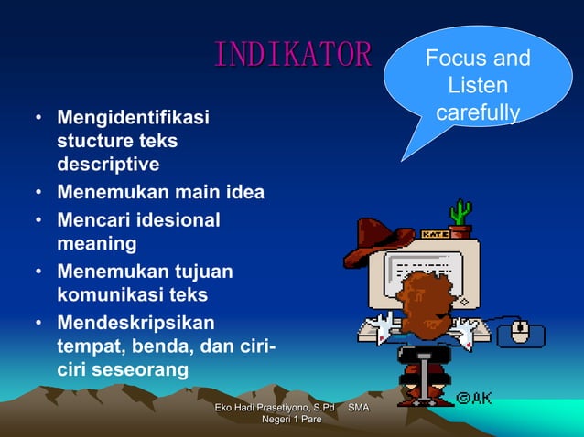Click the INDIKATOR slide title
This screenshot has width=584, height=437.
[x=293, y=55]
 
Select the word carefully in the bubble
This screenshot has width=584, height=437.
[x=478, y=113]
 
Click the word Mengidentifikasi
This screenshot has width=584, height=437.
[x=134, y=118]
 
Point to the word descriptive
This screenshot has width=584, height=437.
[x=108, y=165]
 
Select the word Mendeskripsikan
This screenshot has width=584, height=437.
[x=136, y=323]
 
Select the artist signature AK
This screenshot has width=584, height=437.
[x=473, y=399]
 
